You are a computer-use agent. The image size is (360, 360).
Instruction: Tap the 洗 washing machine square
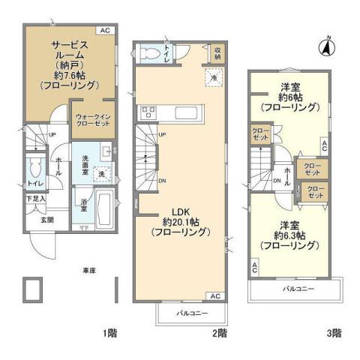[101, 174]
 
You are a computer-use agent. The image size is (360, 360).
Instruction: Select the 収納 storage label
[217, 53]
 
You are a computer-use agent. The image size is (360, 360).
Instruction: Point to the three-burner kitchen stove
[147, 113]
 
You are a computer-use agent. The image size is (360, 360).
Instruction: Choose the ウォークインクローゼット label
[94, 121]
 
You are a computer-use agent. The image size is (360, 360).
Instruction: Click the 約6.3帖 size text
[286, 234]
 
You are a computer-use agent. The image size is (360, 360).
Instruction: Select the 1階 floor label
[109, 331]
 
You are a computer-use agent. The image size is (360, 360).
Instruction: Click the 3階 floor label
[334, 331]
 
